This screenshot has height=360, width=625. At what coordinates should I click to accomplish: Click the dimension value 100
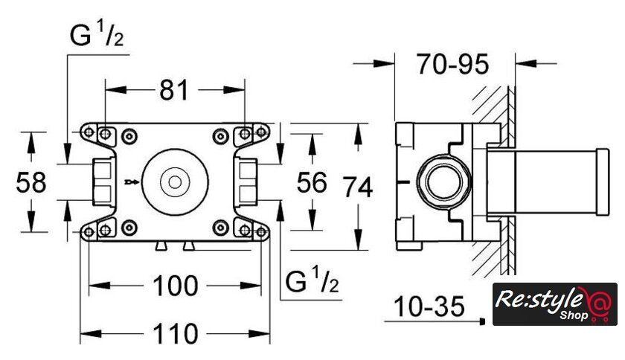click(x=176, y=286)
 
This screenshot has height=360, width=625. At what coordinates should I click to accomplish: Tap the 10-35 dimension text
click(x=429, y=306)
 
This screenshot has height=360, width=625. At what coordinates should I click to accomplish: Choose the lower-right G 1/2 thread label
click(x=312, y=282)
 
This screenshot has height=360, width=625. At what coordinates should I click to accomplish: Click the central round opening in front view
click(x=175, y=181)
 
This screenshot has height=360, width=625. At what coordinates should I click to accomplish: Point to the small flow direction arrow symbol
click(x=132, y=181)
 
